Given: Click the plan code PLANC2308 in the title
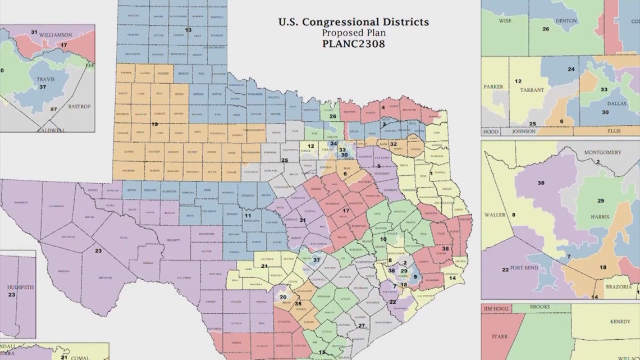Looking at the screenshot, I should tap(354, 44).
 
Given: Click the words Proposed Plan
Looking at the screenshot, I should tap(354, 33).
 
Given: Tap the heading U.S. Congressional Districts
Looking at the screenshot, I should tap(354, 22).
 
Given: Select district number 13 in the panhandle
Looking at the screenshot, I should tap(189, 29).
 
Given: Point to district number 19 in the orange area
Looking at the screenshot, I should tap(154, 124).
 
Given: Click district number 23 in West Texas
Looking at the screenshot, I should tap(98, 251).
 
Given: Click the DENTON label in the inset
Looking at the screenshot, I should tap(551, 20).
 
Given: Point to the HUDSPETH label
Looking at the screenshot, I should tap(20, 287).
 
